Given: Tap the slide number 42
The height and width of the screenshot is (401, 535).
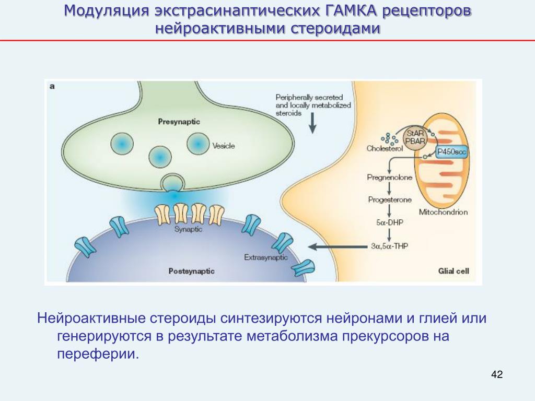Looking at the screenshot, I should point(497,374).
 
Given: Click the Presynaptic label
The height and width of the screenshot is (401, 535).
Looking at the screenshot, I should point(179,122).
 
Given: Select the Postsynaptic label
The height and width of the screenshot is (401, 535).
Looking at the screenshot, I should point(191,272).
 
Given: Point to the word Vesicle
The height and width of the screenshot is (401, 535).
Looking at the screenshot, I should point(224,146).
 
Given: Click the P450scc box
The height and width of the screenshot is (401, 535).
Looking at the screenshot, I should point(450,151).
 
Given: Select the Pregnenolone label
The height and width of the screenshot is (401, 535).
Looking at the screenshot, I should point(389,178).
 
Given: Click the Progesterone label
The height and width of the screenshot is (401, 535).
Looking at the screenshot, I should point(390,200).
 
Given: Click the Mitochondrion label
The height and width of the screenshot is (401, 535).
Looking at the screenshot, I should point(443,212).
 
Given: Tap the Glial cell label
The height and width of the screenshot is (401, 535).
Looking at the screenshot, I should point(453,271).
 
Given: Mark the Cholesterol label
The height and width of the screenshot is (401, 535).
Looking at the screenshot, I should point(386,149).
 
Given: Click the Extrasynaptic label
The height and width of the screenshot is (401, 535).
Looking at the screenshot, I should point(266,257).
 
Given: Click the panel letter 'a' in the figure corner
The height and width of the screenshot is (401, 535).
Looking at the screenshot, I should point(52,87).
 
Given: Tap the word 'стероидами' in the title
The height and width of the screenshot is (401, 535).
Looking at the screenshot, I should point(335,28).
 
